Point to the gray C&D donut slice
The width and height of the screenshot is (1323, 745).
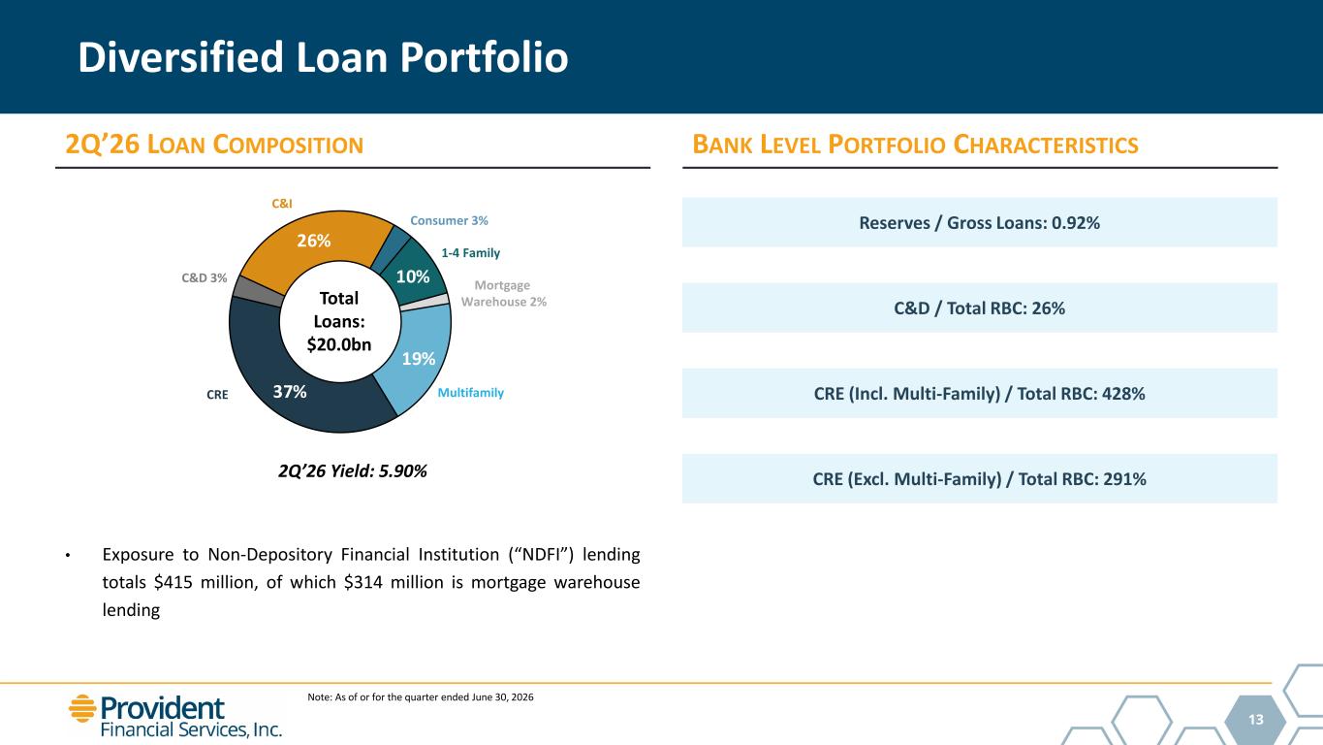[x=257, y=291]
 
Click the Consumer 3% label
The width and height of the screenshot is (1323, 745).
[x=449, y=220]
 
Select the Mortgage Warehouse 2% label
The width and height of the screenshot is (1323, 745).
[x=503, y=293]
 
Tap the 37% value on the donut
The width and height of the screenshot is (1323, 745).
[x=290, y=392]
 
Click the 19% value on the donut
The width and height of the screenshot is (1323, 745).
[x=418, y=358]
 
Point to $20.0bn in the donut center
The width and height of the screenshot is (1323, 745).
[x=339, y=344]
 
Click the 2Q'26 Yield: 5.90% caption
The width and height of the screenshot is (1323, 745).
[x=352, y=471]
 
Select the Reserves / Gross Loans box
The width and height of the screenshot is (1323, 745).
[x=979, y=222]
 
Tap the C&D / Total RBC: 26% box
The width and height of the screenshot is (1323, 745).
[x=979, y=308]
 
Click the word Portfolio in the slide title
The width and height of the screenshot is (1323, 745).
[x=484, y=58]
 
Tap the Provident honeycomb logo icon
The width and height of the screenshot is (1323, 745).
[x=82, y=708]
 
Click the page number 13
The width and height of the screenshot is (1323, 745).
[x=1256, y=719]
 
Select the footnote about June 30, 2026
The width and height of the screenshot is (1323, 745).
[x=420, y=697]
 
